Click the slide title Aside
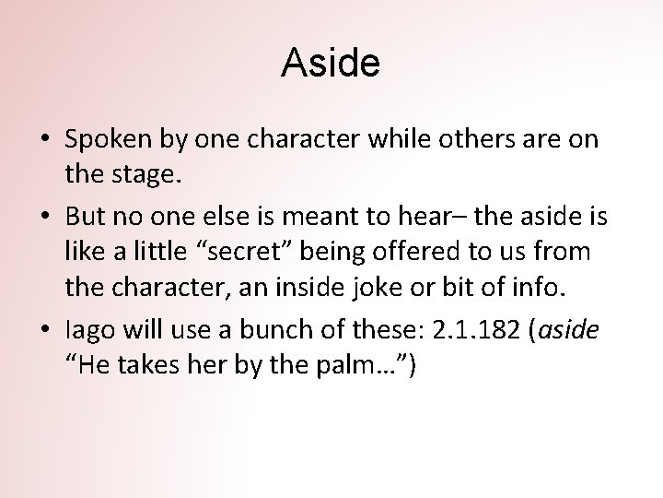click(x=331, y=64)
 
